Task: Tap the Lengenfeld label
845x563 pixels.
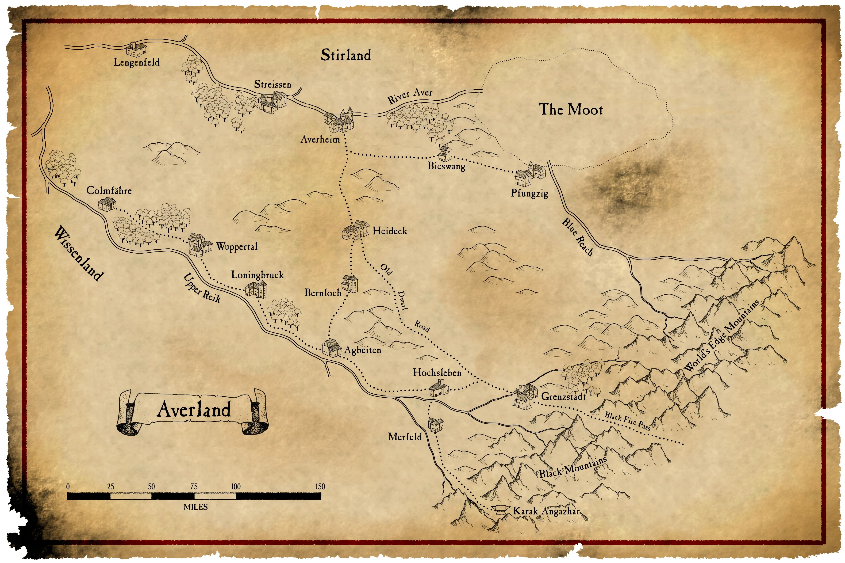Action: click(x=137, y=62)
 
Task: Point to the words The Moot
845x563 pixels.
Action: click(x=571, y=110)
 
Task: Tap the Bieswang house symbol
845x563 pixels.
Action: click(x=444, y=153)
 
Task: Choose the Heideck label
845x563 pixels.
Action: click(x=390, y=231)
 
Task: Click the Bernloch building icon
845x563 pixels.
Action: click(x=350, y=284)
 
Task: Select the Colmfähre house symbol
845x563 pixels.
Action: click(x=107, y=204)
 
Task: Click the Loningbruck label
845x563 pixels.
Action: click(x=257, y=275)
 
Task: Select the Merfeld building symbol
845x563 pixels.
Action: click(x=435, y=425)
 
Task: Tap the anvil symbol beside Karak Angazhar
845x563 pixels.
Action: click(x=500, y=510)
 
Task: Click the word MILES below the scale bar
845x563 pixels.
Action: click(x=196, y=507)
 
